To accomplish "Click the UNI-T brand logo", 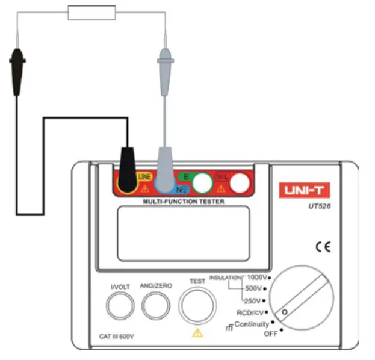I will [304, 191].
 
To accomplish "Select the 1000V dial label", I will [257, 278].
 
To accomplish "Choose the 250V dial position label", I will [252, 300].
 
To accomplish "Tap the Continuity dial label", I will [251, 324].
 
